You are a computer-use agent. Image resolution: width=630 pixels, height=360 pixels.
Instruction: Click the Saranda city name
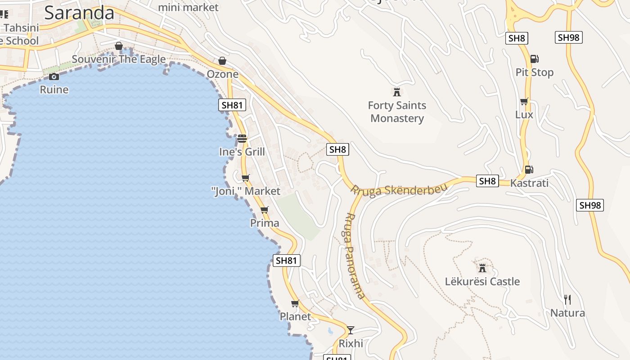click(79, 13)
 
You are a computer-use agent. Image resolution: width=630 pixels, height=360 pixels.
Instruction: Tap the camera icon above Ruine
click(54, 76)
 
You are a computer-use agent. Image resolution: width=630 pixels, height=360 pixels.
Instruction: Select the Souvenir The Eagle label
click(119, 59)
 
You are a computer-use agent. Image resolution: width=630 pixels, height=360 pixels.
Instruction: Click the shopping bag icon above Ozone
click(222, 61)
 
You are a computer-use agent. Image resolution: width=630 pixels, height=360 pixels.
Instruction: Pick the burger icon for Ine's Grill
click(242, 138)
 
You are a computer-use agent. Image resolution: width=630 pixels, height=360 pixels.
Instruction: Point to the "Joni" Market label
click(246, 191)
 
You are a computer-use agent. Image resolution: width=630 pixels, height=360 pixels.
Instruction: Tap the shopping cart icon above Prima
click(265, 210)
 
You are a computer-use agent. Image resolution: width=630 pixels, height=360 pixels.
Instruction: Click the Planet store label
click(295, 316)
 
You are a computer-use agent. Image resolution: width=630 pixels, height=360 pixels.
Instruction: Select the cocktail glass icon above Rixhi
click(351, 330)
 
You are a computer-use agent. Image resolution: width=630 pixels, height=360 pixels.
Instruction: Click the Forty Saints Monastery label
click(397, 112)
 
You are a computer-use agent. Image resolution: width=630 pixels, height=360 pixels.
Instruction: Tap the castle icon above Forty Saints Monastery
click(397, 92)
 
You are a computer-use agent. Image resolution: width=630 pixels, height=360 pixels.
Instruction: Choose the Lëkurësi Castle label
click(482, 282)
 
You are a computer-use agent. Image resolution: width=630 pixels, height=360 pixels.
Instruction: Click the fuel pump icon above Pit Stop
click(535, 59)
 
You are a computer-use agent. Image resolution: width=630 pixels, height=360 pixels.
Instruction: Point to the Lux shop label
click(524, 115)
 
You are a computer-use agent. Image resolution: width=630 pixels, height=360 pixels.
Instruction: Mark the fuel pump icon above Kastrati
click(529, 170)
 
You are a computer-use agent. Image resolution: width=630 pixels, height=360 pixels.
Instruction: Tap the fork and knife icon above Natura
click(567, 299)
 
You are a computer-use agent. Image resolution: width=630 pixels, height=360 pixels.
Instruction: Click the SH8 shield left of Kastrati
click(487, 181)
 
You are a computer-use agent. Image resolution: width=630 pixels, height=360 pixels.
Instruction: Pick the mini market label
click(188, 7)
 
